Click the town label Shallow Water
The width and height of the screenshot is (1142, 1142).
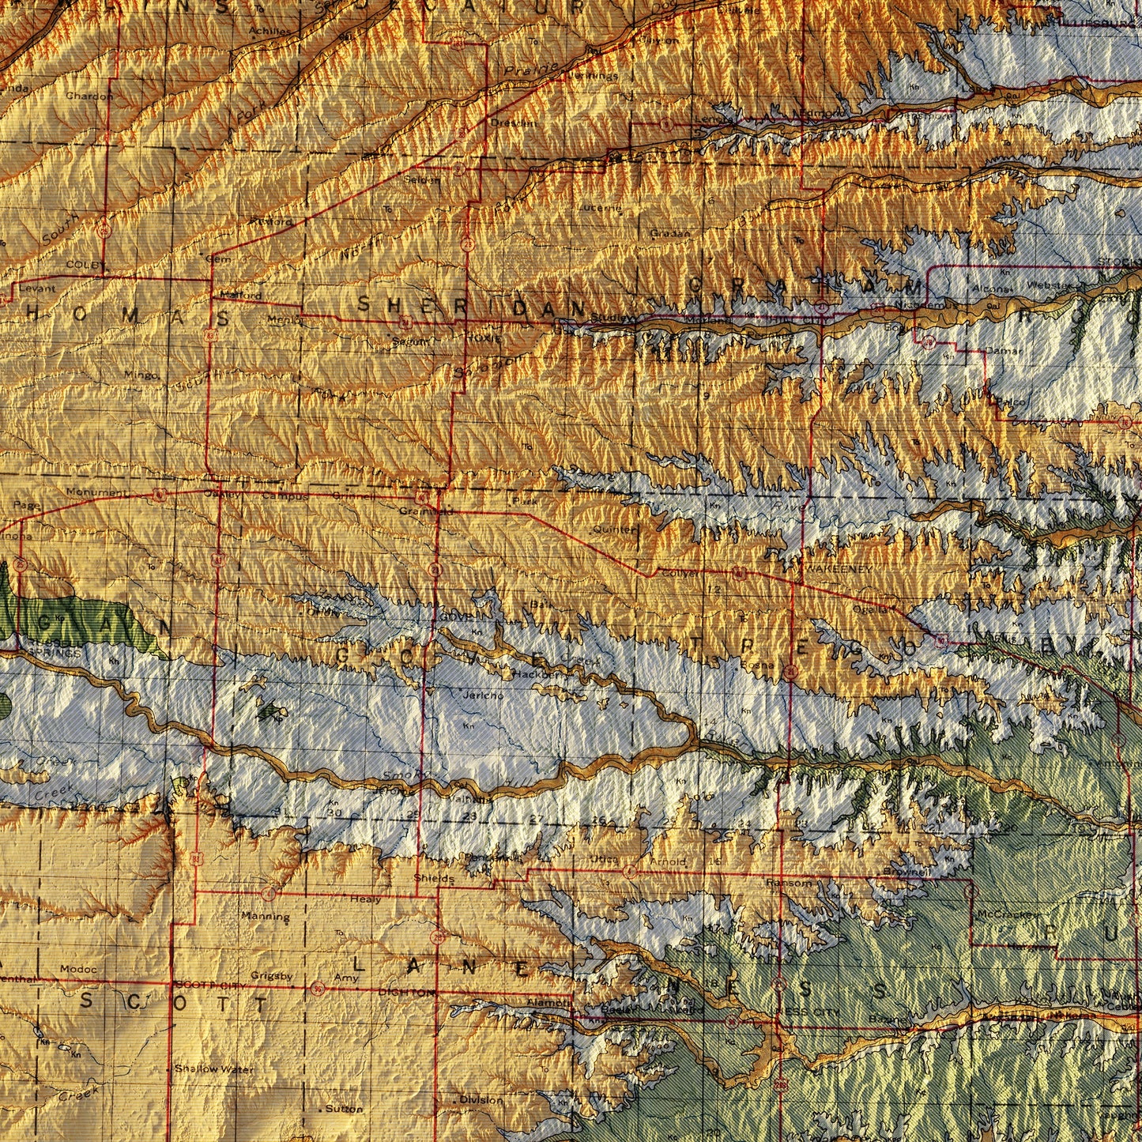pos(203,1069)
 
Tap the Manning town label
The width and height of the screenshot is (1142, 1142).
pos(266,917)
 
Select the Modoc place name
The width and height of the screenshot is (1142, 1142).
pos(78,969)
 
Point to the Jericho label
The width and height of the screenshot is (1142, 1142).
pos(481,695)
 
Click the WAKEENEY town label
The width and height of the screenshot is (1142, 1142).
pos(839,569)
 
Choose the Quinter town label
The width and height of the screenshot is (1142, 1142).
pos(616,529)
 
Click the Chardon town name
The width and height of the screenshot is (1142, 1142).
pos(89,96)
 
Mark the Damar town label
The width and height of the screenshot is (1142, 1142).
pos(1005,350)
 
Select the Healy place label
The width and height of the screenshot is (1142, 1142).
pos(365,899)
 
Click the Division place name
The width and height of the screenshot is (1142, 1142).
pos(481,1099)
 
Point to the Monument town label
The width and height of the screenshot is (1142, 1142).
pos(96,492)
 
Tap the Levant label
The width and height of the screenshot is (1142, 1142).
pos(36,288)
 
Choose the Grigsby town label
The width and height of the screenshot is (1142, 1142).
pos(272,976)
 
